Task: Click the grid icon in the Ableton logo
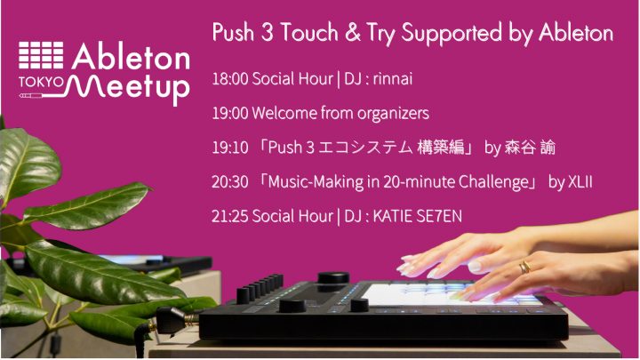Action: tap(41, 55)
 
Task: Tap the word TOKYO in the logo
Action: tap(41, 83)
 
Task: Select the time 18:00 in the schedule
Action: tap(230, 79)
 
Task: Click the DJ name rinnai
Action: tap(393, 79)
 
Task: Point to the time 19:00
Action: tap(230, 113)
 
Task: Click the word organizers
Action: tap(394, 114)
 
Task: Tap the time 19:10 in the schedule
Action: tap(230, 148)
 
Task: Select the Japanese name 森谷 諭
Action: tap(530, 148)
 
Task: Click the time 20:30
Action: tap(230, 182)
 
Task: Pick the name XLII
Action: tap(580, 182)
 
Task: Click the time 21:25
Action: tap(230, 216)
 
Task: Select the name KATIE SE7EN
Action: tap(418, 216)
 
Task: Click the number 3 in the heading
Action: tap(267, 33)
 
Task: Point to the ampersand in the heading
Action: tap(353, 33)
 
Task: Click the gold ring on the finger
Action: tap(525, 268)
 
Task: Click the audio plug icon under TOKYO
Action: tap(30, 96)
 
